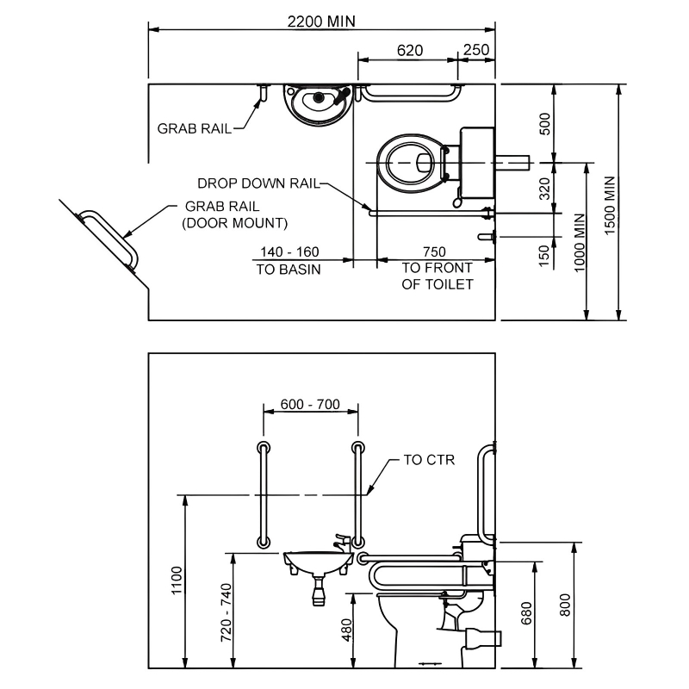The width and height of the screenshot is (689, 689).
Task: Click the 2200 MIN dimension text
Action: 321,21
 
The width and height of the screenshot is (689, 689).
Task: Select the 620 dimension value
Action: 410,50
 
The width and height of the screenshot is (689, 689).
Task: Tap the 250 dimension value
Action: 476,50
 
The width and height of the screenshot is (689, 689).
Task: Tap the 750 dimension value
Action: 434,251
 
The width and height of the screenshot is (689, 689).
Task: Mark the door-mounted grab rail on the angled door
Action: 109,237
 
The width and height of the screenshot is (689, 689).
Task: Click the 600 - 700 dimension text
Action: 309,404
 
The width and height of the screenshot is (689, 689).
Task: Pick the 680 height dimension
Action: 527,612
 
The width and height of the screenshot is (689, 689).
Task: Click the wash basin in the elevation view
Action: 316,562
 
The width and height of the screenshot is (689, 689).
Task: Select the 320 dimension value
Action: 543,188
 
